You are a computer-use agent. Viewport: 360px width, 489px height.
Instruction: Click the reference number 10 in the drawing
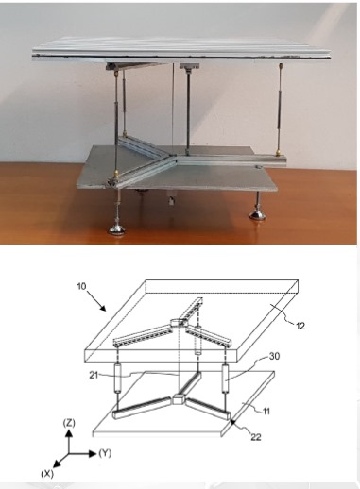pyautogui.click(x=81, y=286)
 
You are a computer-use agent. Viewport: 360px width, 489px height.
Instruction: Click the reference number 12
pyautogui.click(x=300, y=326)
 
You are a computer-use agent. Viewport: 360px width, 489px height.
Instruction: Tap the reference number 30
pyautogui.click(x=274, y=356)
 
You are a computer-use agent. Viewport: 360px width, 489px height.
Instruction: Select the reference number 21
pyautogui.click(x=94, y=375)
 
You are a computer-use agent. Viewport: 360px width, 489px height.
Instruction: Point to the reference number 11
pyautogui.click(x=266, y=411)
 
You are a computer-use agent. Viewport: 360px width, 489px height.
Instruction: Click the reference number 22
pyautogui.click(x=256, y=437)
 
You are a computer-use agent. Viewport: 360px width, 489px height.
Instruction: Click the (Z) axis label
pyautogui.click(x=69, y=423)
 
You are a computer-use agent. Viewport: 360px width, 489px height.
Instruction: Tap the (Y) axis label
pyautogui.click(x=105, y=453)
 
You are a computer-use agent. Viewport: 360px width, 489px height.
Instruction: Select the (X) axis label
pyautogui.click(x=47, y=474)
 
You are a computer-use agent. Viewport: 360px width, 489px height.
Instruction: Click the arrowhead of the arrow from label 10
pyautogui.click(x=103, y=307)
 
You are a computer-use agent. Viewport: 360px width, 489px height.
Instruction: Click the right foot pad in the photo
pyautogui.click(x=258, y=215)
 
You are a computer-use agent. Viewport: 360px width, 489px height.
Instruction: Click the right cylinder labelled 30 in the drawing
pyautogui.click(x=226, y=379)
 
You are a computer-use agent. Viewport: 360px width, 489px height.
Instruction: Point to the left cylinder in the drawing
pyautogui.click(x=118, y=379)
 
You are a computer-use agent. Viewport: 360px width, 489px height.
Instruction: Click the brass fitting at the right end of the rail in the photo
pyautogui.click(x=279, y=154)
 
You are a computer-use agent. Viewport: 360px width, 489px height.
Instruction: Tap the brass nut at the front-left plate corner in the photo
pyautogui.click(x=116, y=174)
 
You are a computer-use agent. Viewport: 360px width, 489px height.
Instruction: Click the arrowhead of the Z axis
pyautogui.click(x=69, y=433)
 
